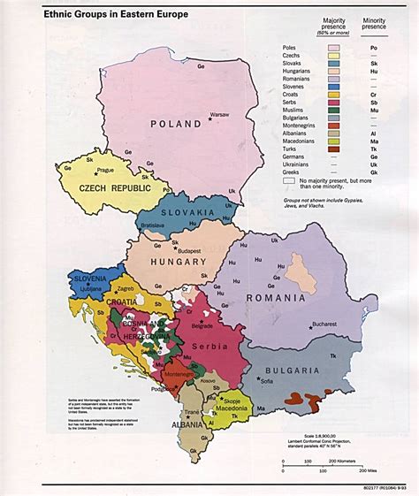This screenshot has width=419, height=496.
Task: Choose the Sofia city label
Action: pyautogui.click(x=268, y=383)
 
